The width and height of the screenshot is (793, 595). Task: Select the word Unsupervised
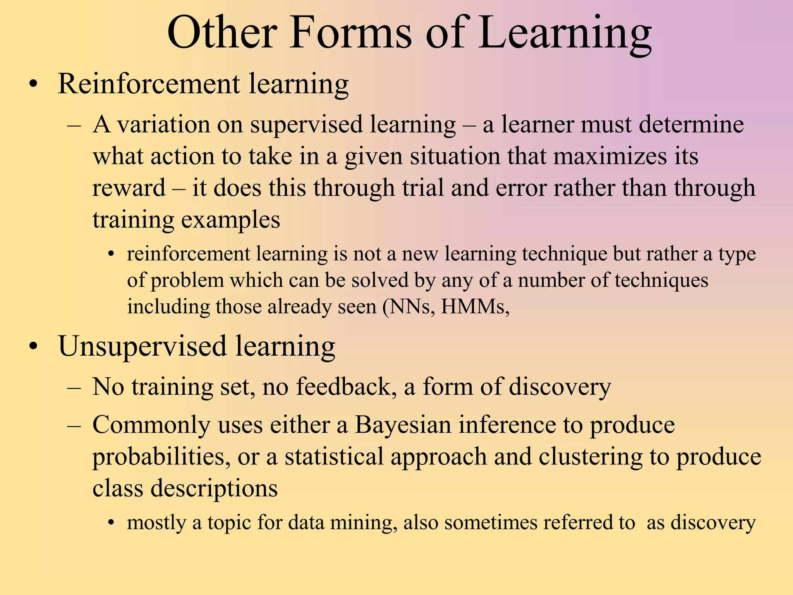(x=142, y=346)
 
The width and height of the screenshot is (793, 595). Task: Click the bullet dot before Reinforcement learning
(x=34, y=84)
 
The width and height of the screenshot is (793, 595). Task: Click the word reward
(x=129, y=188)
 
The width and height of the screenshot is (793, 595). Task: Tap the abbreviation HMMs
(x=475, y=307)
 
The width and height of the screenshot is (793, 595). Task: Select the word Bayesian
(x=403, y=425)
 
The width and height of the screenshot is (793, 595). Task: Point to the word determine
(x=691, y=125)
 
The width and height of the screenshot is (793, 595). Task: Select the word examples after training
(x=231, y=220)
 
